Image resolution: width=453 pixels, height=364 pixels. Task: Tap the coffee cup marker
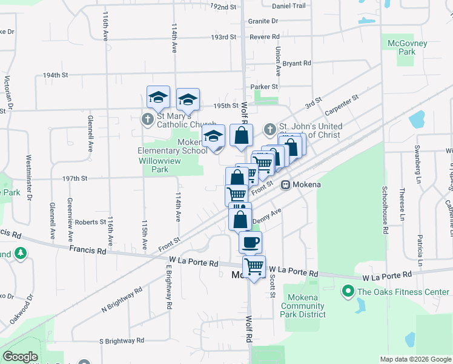click(x=250, y=243)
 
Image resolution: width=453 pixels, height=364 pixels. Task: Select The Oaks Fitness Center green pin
click(x=348, y=292)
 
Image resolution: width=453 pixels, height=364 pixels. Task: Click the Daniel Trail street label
click(x=289, y=5)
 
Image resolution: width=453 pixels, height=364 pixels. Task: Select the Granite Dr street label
click(x=263, y=21)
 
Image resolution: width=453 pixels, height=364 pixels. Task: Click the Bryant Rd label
click(x=297, y=62)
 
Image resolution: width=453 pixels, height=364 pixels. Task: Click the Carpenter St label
click(x=342, y=104)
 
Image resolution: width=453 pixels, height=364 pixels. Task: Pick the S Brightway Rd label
click(x=125, y=341)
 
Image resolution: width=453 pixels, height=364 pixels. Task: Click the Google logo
click(x=20, y=357)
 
